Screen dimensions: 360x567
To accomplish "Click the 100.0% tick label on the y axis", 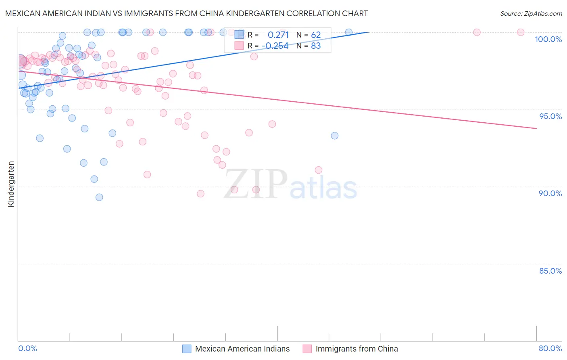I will (548, 39).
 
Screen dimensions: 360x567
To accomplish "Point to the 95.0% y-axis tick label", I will (550, 116).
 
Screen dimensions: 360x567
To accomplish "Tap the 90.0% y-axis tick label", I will (550, 193).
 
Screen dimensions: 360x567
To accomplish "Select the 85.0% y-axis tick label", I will (550, 271).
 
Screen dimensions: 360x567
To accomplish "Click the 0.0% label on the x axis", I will (27, 349).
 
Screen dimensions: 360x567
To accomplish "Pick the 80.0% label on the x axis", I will (550, 349).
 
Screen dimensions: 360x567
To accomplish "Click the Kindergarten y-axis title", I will (11, 184).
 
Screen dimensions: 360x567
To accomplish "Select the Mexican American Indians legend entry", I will (242, 349).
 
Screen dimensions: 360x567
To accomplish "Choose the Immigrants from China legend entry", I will (356, 349).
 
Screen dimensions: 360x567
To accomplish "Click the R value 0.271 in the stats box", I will (278, 35).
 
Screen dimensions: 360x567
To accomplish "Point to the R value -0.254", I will (275, 46).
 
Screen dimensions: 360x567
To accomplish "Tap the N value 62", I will (316, 35).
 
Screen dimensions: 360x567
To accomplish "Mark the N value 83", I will (316, 46).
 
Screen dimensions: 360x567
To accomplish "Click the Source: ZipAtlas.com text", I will (531, 14).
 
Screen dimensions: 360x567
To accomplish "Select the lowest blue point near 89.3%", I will (99, 197).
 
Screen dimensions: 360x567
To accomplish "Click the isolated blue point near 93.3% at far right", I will (335, 136).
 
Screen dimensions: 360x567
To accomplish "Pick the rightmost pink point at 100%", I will (521, 32).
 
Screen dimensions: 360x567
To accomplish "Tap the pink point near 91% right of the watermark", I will (319, 170).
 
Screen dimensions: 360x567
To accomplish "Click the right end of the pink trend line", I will (536, 128).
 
